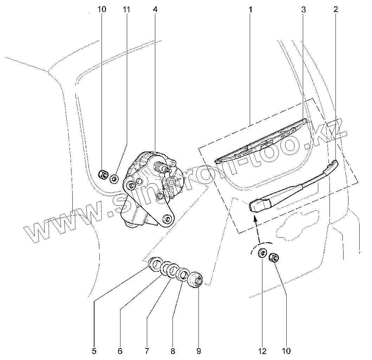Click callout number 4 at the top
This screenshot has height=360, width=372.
click(x=155, y=9)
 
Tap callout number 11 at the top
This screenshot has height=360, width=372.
click(x=126, y=9)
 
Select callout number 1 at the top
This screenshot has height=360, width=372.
click(x=250, y=9)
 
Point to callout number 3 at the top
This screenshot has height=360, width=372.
click(x=304, y=9)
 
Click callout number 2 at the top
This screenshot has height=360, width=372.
click(x=336, y=9)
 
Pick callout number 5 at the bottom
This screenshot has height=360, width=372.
click(x=94, y=351)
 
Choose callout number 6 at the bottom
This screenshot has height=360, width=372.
click(x=120, y=351)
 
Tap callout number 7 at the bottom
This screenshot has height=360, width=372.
click(x=146, y=351)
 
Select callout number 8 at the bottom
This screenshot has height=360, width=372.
click(x=172, y=351)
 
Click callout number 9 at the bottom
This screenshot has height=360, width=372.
click(x=199, y=351)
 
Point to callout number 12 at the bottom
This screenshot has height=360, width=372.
click(x=262, y=351)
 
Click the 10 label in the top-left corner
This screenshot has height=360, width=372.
click(x=102, y=9)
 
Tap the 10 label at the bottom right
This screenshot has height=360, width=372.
click(x=286, y=351)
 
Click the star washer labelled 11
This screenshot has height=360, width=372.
click(x=113, y=179)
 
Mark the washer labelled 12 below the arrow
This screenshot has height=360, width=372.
click(x=262, y=253)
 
